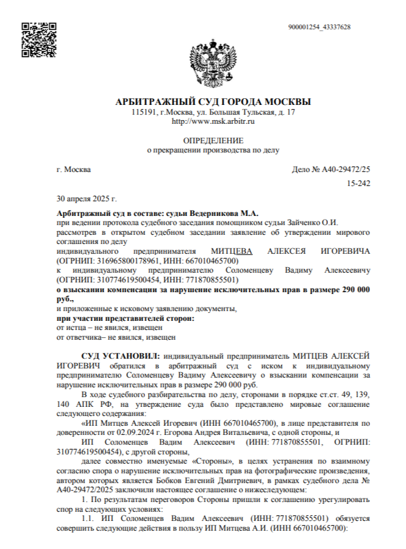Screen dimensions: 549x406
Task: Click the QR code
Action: [x=35, y=40]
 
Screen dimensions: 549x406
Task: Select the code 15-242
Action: [x=358, y=183]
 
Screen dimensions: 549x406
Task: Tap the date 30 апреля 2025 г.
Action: [x=86, y=198]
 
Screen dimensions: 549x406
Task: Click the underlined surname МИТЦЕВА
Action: [x=231, y=251]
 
